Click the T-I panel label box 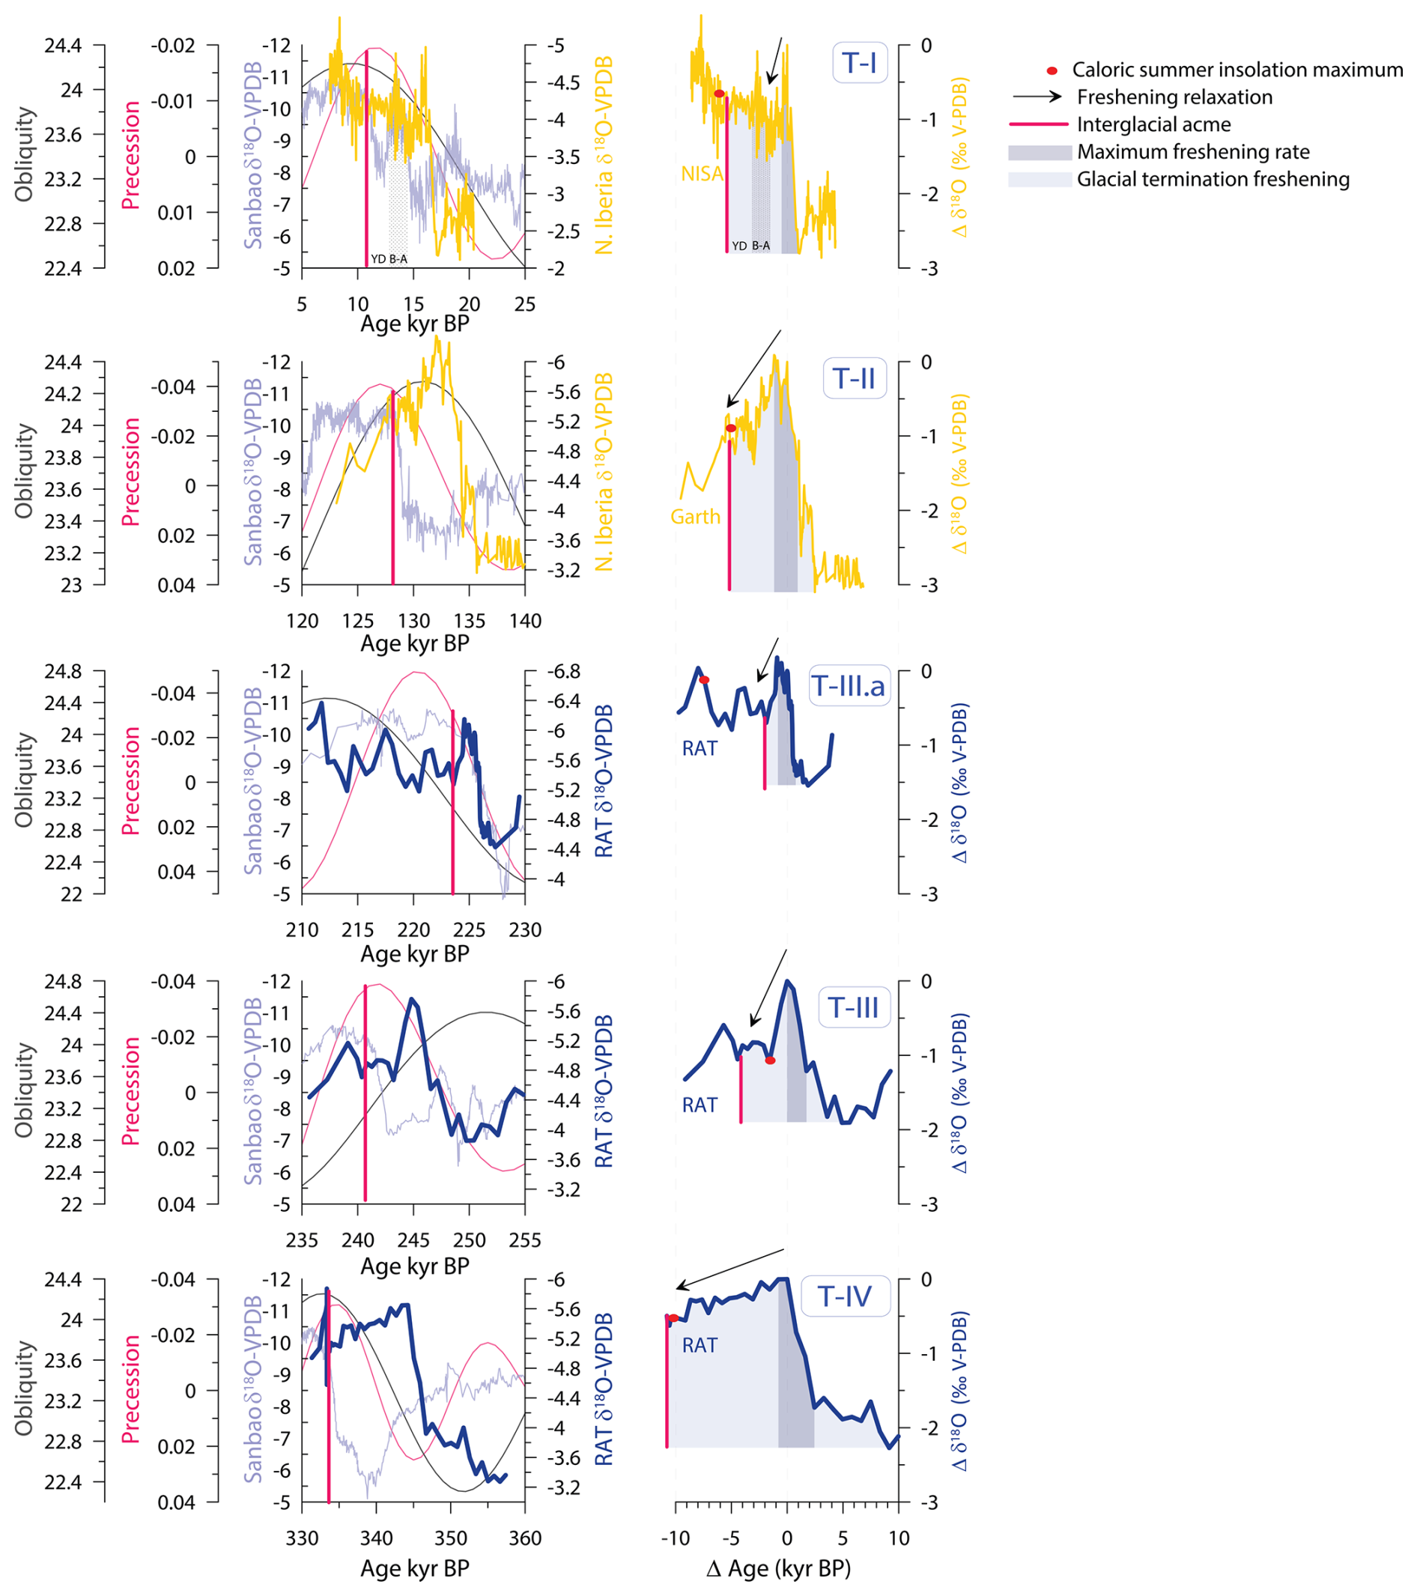pyautogui.click(x=860, y=62)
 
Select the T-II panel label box pyautogui.click(x=854, y=379)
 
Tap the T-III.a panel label pyautogui.click(x=849, y=686)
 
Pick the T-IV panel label pyautogui.click(x=845, y=1297)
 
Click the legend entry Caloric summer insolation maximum pyautogui.click(x=1237, y=70)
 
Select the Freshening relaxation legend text pyautogui.click(x=1174, y=97)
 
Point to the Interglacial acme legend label pyautogui.click(x=1153, y=125)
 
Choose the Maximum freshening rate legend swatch pyautogui.click(x=1040, y=152)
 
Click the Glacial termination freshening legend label pyautogui.click(x=1213, y=180)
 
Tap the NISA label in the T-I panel pyautogui.click(x=702, y=174)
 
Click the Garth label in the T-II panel pyautogui.click(x=695, y=517)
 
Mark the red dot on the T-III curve pyautogui.click(x=771, y=1061)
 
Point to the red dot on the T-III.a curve pyautogui.click(x=704, y=680)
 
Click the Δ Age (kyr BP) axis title pyautogui.click(x=778, y=1568)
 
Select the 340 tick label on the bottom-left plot pyautogui.click(x=376, y=1538)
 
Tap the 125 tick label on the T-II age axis pyautogui.click(x=357, y=621)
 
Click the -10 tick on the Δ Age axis pyautogui.click(x=676, y=1538)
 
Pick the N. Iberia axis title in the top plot pyautogui.click(x=604, y=157)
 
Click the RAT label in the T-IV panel pyautogui.click(x=699, y=1345)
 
